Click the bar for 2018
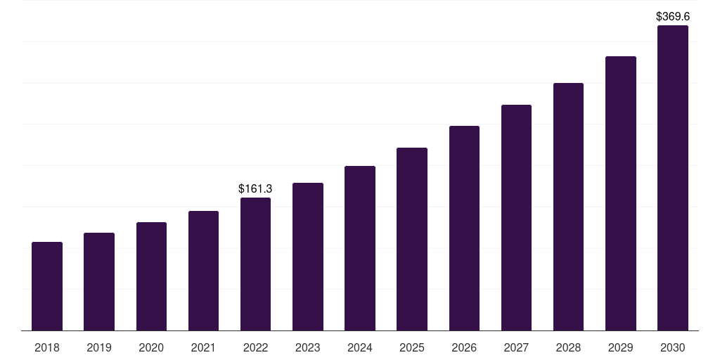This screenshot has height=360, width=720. tap(47, 286)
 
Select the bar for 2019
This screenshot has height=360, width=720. tap(99, 281)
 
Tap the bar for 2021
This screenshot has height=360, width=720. tap(203, 271)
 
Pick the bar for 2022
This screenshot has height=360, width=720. tap(255, 264)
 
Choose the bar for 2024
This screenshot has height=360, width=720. tap(360, 248)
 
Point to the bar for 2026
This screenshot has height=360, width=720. tap(464, 229)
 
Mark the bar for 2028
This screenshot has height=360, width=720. tap(568, 207)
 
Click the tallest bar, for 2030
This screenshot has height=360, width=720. tap(672, 178)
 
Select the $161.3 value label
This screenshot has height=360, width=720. tap(255, 188)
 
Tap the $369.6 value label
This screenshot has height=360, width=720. tap(672, 16)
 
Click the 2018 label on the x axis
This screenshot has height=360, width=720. tap(47, 347)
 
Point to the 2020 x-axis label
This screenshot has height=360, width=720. tap(151, 347)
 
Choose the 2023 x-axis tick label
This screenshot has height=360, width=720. tap(307, 347)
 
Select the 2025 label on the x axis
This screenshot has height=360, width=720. tap(412, 347)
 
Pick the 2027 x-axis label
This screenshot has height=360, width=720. tap(516, 347)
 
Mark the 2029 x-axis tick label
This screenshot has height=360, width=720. tap(620, 347)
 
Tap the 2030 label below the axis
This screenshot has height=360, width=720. tap(672, 347)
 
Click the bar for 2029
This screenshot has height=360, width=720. tap(620, 193)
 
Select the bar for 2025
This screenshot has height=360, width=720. tap(412, 239)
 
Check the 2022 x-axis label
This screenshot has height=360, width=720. tap(255, 347)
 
